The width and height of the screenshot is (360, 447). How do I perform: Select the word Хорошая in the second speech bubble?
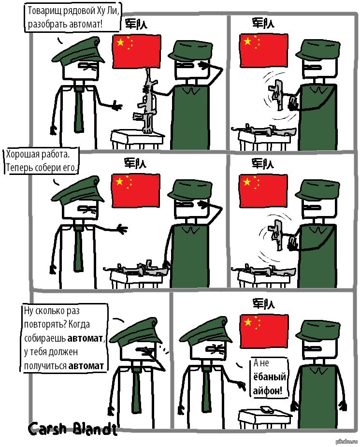(x=22, y=154)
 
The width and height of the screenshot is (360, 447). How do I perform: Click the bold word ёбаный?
(x=270, y=377)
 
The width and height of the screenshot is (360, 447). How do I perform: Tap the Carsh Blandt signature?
(x=73, y=429)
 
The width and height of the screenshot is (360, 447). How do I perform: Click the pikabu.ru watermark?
(x=346, y=442)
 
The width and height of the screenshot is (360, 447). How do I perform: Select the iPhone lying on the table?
(x=267, y=409)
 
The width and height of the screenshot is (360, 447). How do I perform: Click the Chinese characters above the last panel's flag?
(x=263, y=304)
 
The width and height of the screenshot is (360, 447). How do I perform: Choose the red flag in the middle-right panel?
(x=263, y=190)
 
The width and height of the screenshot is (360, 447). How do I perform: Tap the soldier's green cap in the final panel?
(x=318, y=330)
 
